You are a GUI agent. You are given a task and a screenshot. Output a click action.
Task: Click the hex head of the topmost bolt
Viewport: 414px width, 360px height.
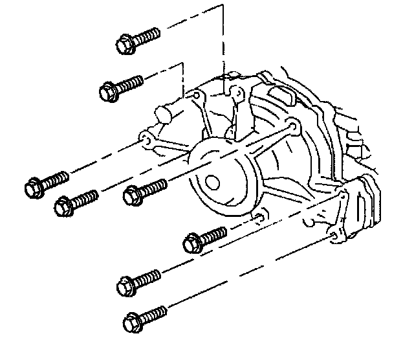tap(124, 45)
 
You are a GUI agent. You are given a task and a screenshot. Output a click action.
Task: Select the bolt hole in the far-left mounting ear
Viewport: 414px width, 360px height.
tap(146, 139)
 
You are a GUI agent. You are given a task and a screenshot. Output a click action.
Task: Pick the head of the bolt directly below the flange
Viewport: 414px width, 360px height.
tap(192, 244)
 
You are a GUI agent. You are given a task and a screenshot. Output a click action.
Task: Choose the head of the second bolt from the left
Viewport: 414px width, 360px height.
tap(63, 207)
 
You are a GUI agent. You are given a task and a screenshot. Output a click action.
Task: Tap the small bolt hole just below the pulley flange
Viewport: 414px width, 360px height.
tap(257, 216)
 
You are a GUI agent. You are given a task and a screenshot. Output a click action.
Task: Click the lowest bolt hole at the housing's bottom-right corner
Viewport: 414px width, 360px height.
tap(334, 238)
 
